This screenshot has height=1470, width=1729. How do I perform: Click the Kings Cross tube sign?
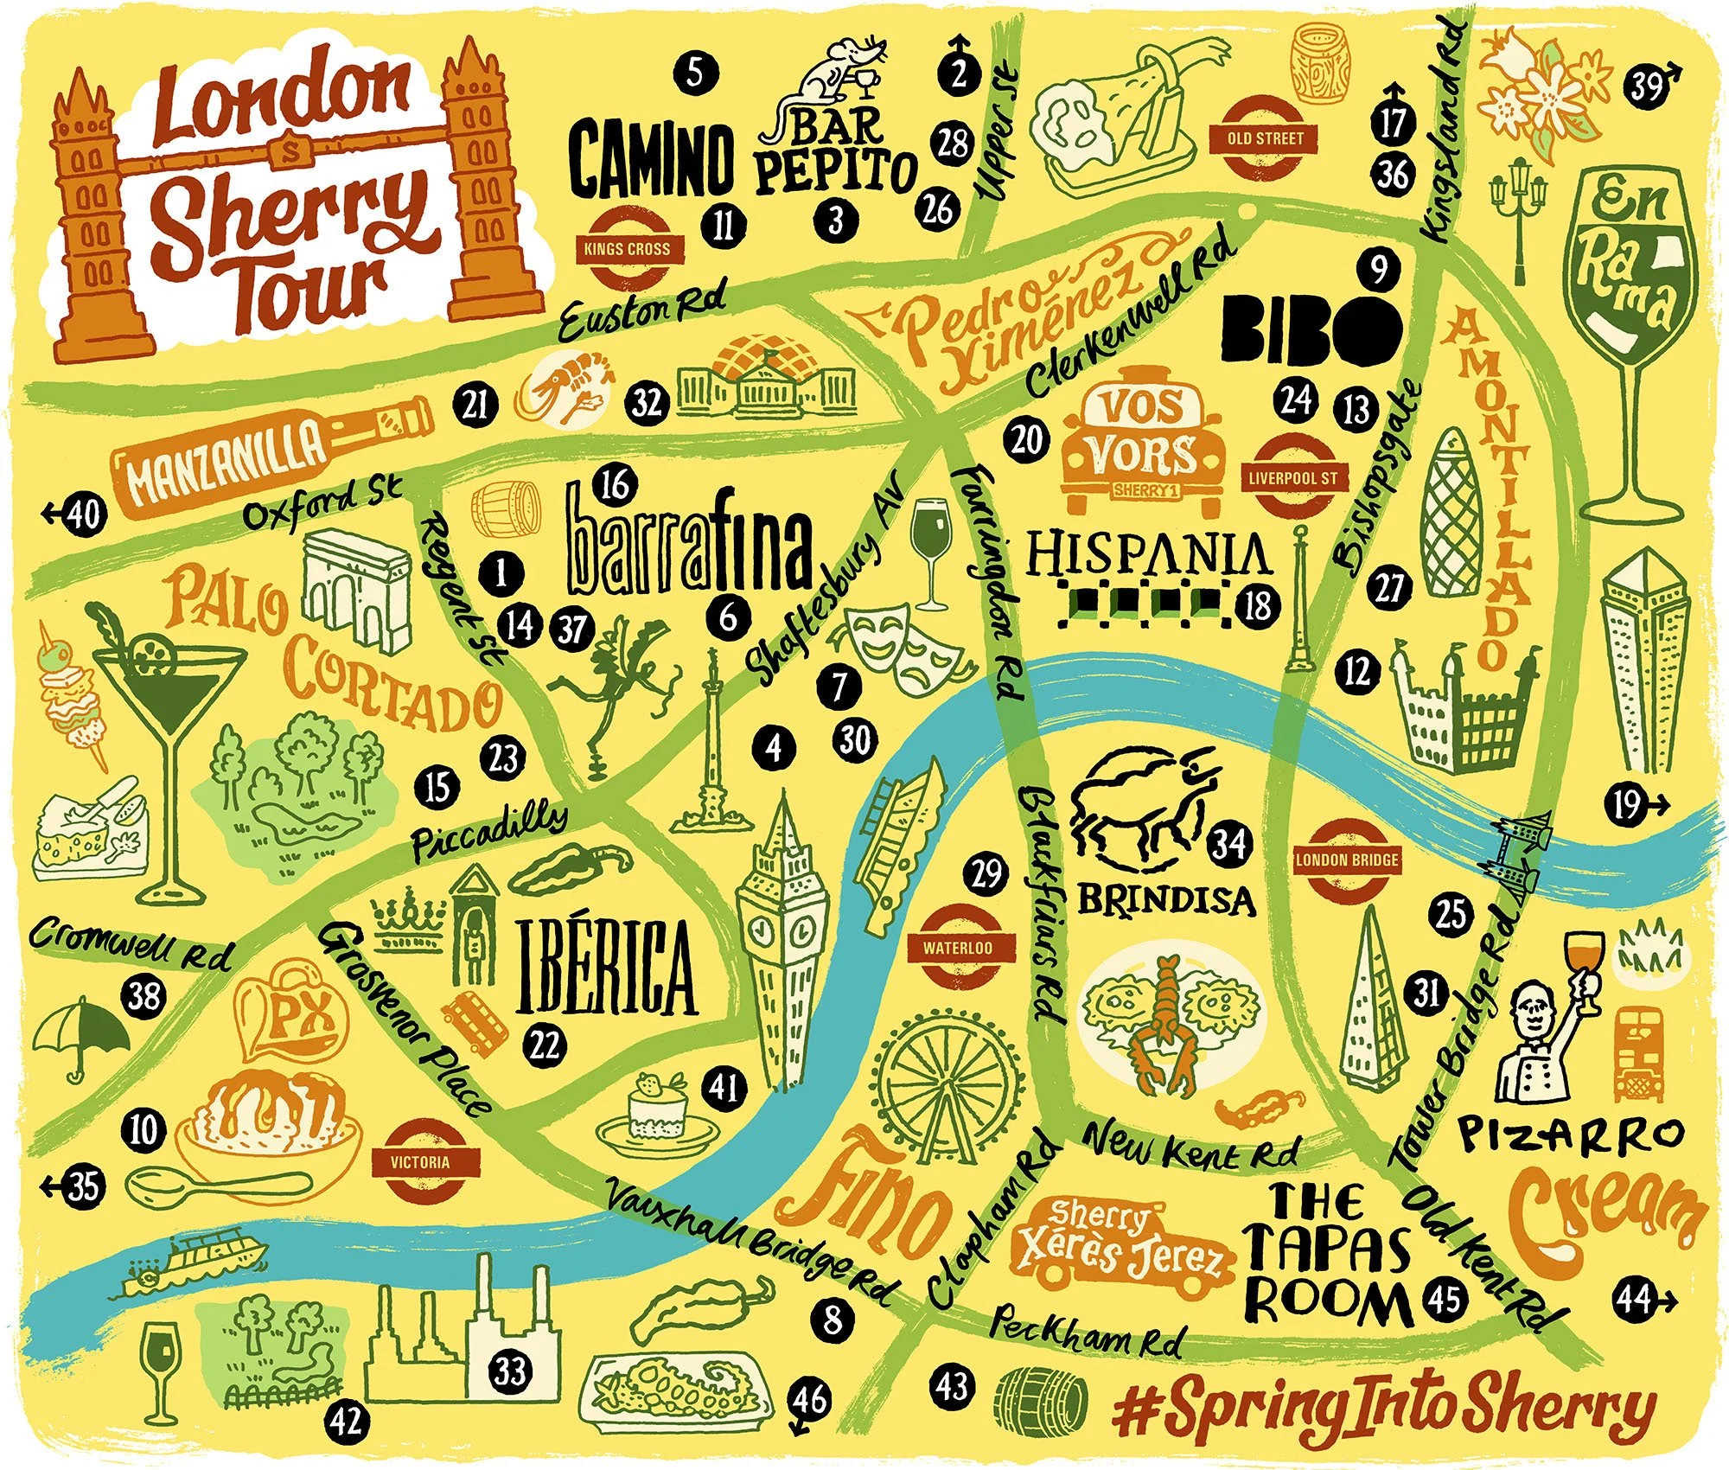point(627,249)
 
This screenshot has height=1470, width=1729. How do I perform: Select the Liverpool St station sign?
point(1293,477)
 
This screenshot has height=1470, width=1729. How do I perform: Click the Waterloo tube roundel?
point(958,947)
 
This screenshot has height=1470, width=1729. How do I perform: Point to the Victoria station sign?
point(420,1161)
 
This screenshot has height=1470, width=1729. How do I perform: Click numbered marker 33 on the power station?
point(510,1370)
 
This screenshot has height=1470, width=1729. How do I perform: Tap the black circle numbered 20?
point(1027,440)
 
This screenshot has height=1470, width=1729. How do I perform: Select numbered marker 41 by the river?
point(724,1086)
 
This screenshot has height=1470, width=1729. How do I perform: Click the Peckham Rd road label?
point(1086,1333)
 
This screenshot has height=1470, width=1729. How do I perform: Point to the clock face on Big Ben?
point(782,930)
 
